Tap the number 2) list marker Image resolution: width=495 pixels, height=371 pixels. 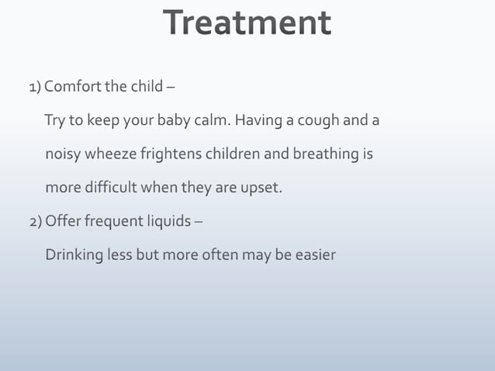36,221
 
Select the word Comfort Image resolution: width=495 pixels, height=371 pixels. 74,86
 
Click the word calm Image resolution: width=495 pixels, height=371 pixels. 214,121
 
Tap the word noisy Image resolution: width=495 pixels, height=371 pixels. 62,154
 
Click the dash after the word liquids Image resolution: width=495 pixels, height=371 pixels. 199,221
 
